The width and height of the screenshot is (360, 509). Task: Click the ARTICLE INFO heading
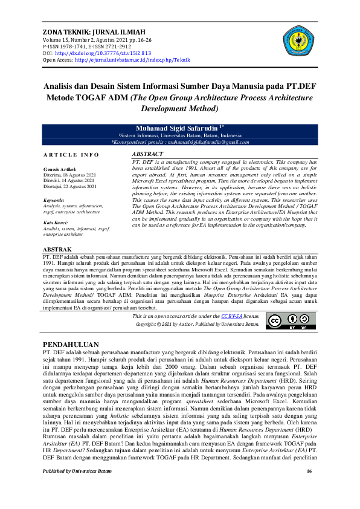(71, 155)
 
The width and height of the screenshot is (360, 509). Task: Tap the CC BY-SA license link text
(231, 316)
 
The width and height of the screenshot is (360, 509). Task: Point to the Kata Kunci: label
(56, 222)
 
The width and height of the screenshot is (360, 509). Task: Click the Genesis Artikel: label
(60, 168)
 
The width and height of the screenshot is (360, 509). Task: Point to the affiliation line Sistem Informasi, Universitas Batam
(180, 135)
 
